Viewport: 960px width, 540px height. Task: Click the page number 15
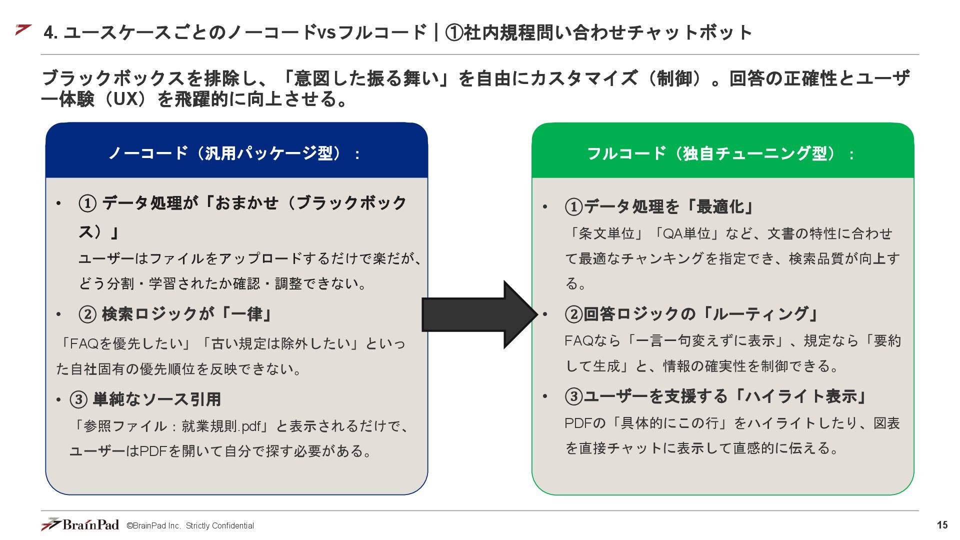click(x=942, y=525)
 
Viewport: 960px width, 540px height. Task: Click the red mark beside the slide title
click(x=23, y=30)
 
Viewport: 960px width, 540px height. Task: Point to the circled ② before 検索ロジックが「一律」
click(x=87, y=314)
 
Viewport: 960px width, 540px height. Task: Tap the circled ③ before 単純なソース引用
click(x=78, y=399)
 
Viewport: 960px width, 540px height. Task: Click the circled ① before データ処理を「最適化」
click(x=574, y=206)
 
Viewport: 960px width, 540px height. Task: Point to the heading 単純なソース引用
click(x=156, y=399)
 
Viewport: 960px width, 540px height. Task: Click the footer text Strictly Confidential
click(x=219, y=525)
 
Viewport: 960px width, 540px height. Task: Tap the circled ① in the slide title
click(x=454, y=32)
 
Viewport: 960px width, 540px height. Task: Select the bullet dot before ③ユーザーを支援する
click(x=545, y=396)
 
